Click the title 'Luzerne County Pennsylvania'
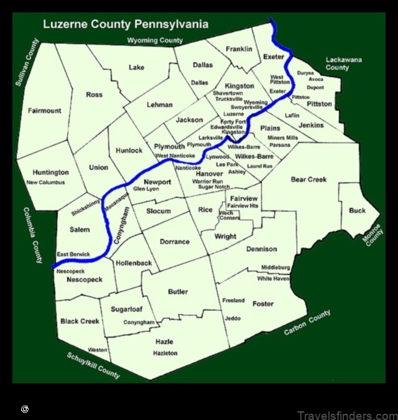[125, 25]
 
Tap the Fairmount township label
[45, 111]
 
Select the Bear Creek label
[308, 180]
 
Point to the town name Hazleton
[165, 353]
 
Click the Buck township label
[357, 211]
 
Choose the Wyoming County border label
[155, 40]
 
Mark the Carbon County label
[307, 323]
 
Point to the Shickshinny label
[85, 203]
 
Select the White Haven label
[274, 279]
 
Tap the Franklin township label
[239, 49]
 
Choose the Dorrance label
[175, 241]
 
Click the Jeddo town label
[233, 319]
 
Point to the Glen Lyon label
[147, 189]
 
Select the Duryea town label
[305, 73]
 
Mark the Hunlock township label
[129, 150]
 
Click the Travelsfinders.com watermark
[346, 415]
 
